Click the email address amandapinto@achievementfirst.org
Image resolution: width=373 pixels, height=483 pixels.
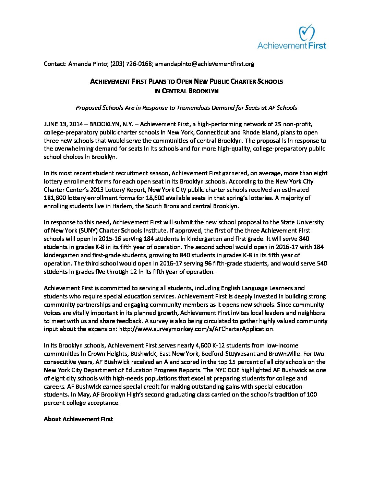click(x=205, y=64)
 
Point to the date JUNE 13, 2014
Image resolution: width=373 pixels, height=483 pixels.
click(x=63, y=124)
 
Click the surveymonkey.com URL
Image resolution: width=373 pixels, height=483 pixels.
click(x=196, y=329)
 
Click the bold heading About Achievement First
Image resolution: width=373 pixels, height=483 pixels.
click(x=78, y=419)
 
